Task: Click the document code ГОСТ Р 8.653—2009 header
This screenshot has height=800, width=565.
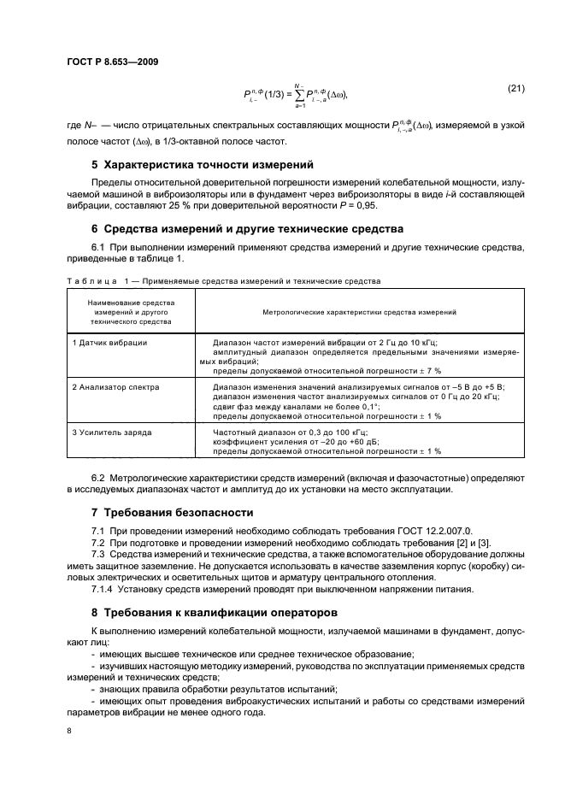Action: [x=111, y=62]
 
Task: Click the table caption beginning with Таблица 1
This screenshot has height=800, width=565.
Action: [x=222, y=280]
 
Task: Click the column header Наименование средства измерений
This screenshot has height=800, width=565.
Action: [x=131, y=313]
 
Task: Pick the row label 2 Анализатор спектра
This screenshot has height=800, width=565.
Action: [x=115, y=387]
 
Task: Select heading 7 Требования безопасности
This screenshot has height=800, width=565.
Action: [x=173, y=512]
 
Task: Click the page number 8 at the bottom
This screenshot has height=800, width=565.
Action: [x=68, y=732]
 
